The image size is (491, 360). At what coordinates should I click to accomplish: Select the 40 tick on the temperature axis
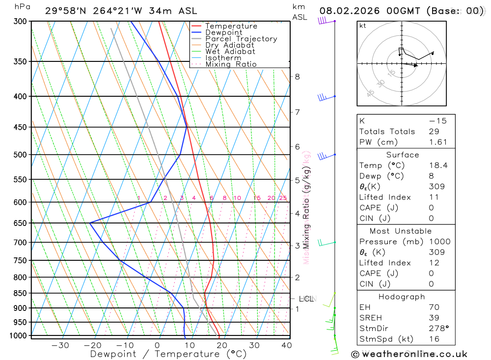click(x=286, y=345)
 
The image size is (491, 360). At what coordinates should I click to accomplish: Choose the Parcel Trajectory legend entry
click(x=241, y=39)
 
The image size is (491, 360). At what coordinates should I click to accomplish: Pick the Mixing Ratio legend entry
click(x=231, y=64)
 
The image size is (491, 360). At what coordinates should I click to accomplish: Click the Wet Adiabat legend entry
click(x=230, y=52)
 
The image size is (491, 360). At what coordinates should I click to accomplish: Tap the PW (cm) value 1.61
click(x=438, y=142)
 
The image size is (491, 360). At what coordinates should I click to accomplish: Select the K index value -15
click(x=437, y=121)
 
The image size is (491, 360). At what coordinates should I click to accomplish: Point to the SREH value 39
click(x=434, y=318)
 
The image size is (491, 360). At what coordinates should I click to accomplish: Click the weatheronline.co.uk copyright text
click(x=409, y=354)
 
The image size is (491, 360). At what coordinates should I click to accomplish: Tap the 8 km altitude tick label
click(x=297, y=77)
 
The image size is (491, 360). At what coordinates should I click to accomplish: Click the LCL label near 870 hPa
click(x=306, y=299)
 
